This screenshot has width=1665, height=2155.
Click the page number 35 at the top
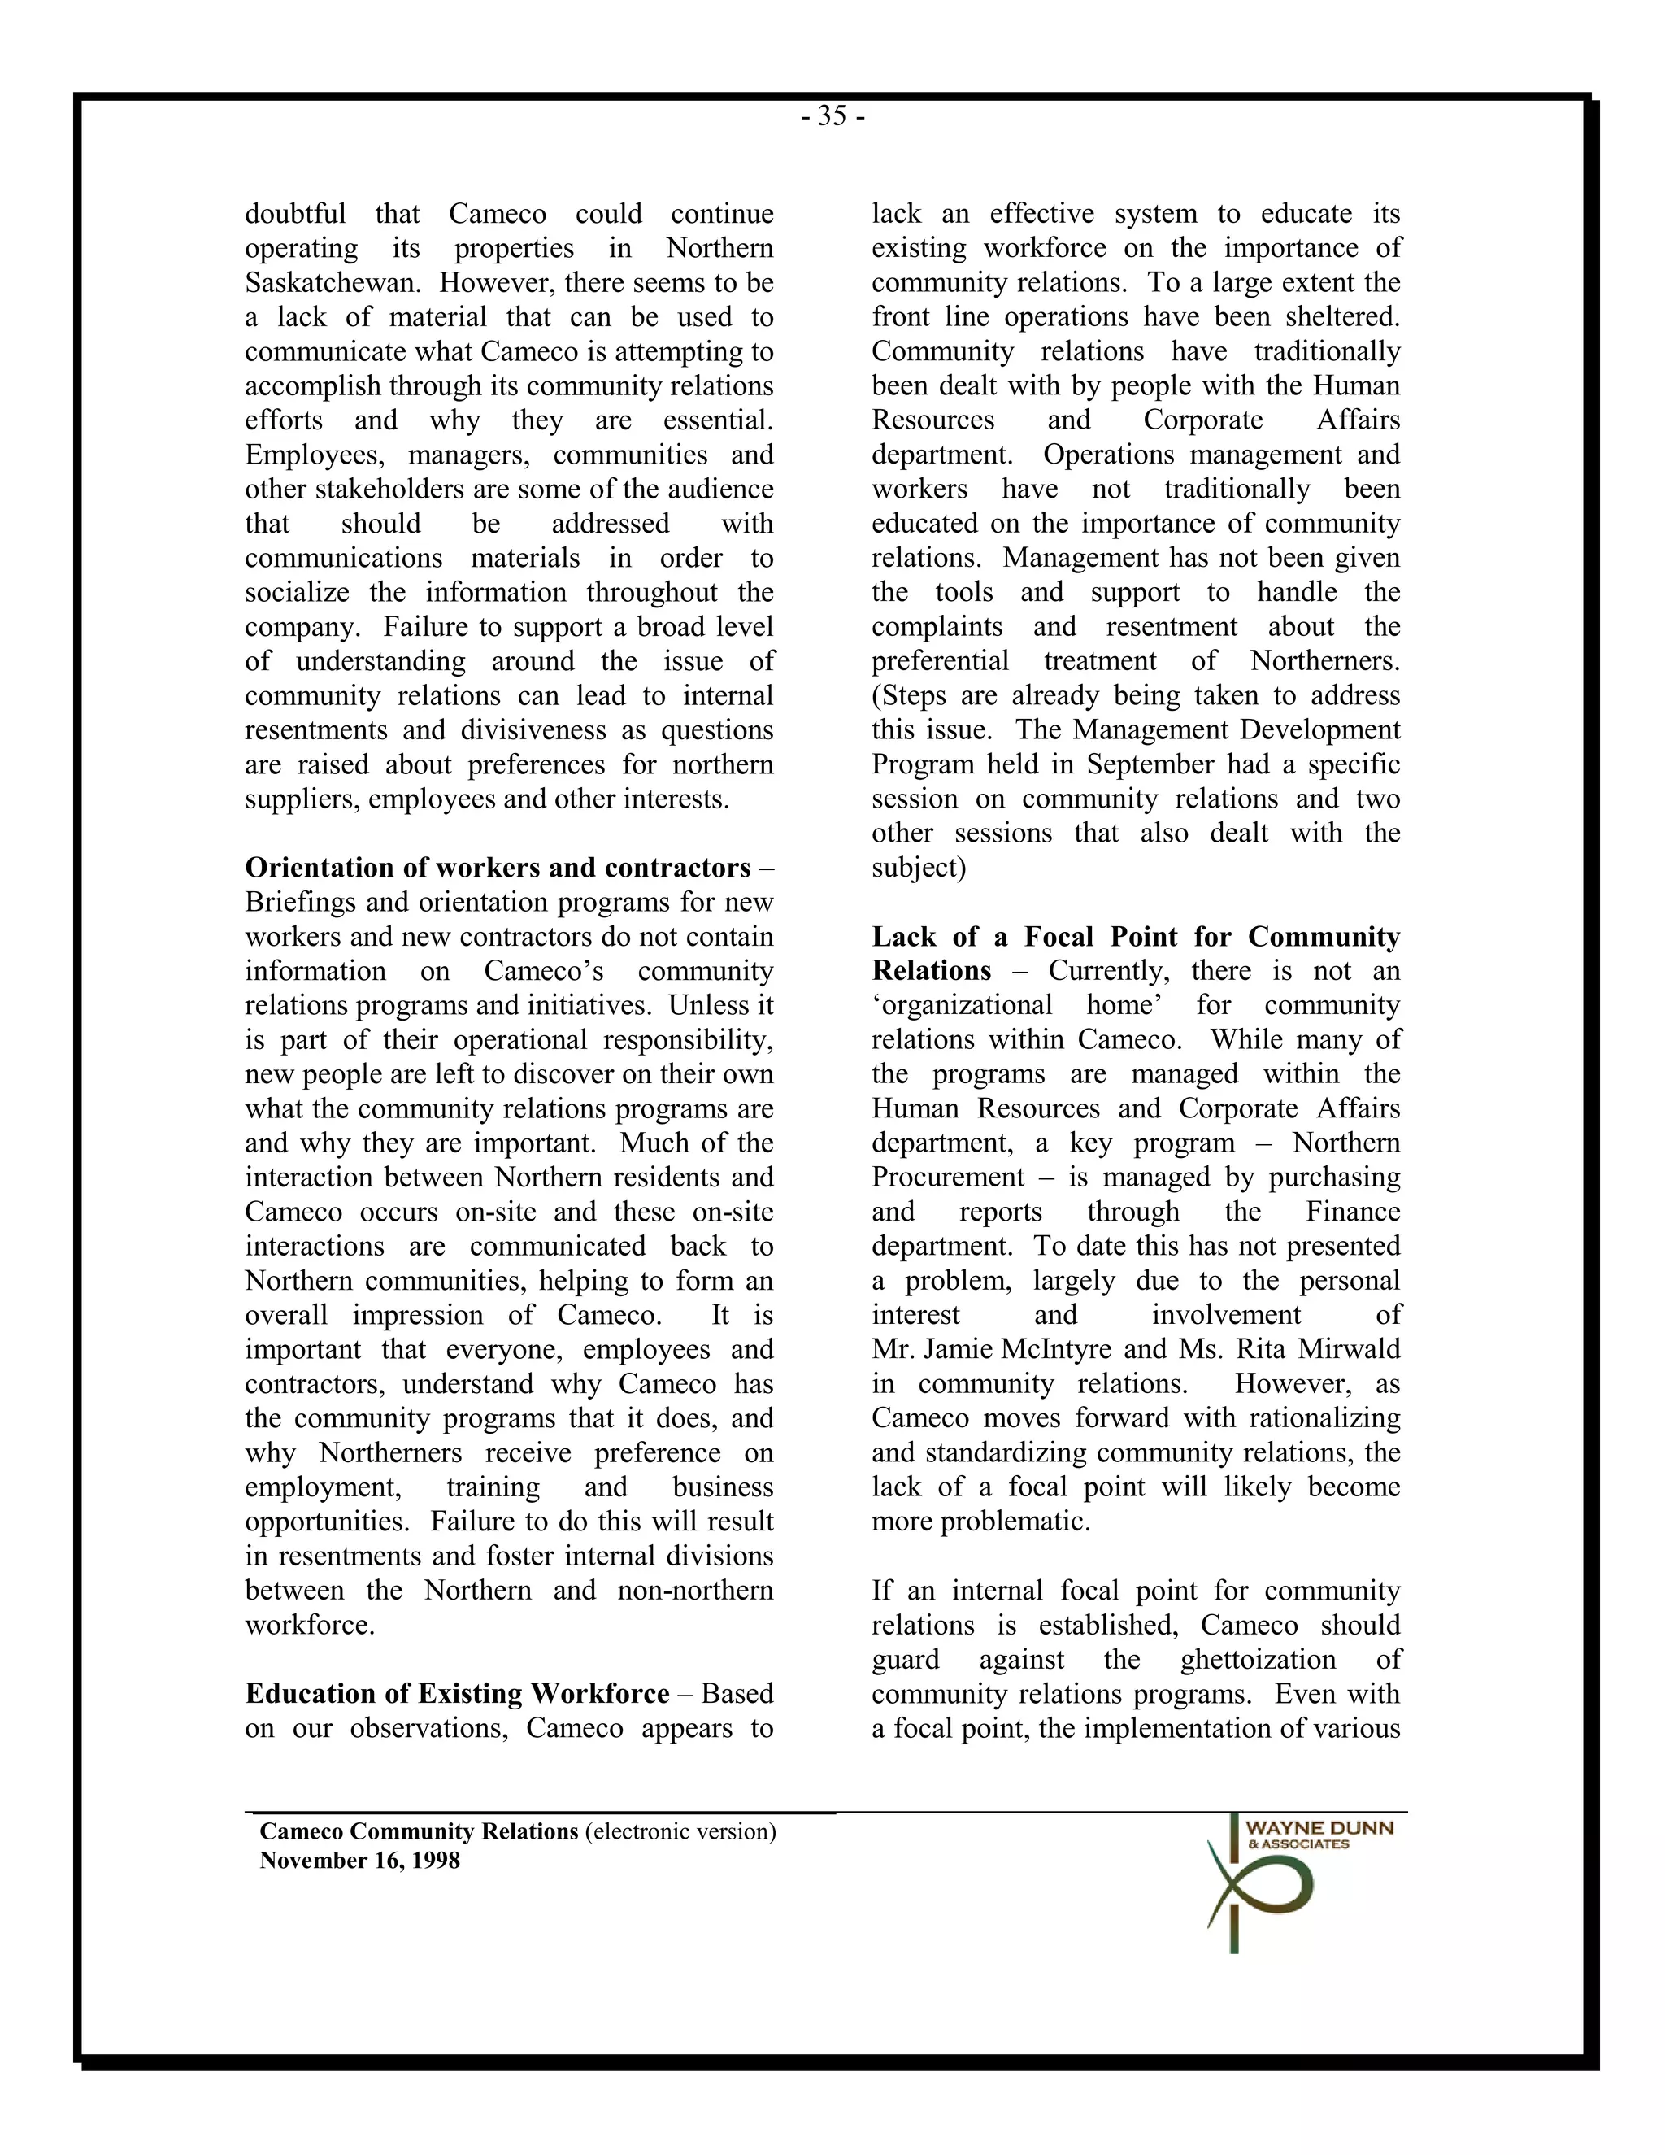(x=832, y=117)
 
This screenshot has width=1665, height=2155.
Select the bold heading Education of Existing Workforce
(x=457, y=1693)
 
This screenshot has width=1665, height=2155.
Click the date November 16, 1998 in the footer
(x=359, y=1861)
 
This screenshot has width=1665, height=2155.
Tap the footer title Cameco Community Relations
(x=418, y=1831)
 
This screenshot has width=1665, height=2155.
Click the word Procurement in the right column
(x=948, y=1178)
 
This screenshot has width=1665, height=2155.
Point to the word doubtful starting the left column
(x=295, y=214)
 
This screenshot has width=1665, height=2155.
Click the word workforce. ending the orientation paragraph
(x=310, y=1624)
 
